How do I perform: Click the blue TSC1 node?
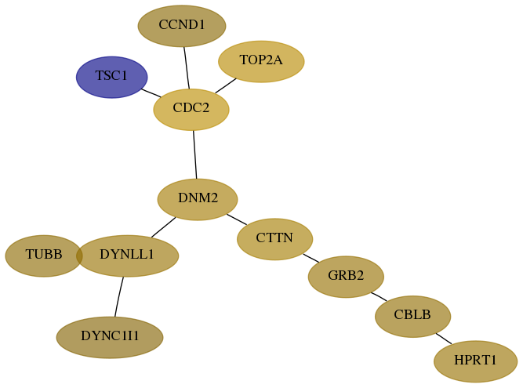pos(112,77)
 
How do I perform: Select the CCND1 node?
pos(182,26)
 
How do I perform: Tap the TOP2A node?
pos(261,61)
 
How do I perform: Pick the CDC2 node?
pos(191,109)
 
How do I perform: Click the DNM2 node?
pos(198,199)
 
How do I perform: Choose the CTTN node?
pos(275,239)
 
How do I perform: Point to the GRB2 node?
pos(346,277)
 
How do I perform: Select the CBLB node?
pos(412,317)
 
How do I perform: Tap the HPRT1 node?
pos(475,361)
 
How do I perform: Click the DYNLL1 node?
pos(127,256)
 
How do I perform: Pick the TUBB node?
pos(43,256)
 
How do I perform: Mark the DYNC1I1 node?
pos(110,337)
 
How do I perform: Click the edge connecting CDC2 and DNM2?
pos(194,154)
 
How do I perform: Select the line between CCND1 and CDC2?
pos(187,67)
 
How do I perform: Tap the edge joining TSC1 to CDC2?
pos(151,93)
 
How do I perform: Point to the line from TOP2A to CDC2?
pos(226,85)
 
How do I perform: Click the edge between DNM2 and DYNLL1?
pos(163,227)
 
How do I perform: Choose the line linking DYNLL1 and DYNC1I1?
pos(118,296)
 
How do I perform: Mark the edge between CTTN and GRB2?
pos(311,258)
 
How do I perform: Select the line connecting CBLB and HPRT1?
pos(444,339)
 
